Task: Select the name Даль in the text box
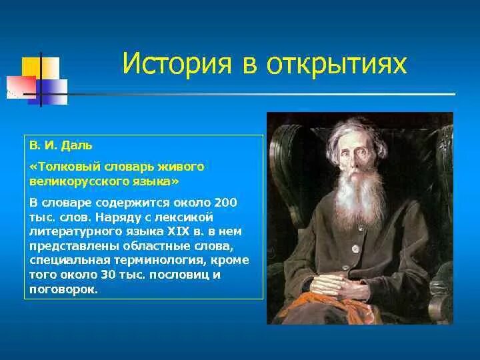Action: pyautogui.click(x=77, y=145)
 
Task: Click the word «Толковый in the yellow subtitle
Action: pyautogui.click(x=65, y=167)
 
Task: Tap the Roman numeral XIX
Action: pyautogui.click(x=178, y=231)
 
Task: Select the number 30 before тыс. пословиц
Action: pyautogui.click(x=107, y=275)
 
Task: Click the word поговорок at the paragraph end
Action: pyautogui.click(x=63, y=289)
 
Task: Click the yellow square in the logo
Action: pyautogui.click(x=41, y=67)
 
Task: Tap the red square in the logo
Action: pyautogui.click(x=21, y=87)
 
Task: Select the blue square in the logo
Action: pyautogui.click(x=52, y=92)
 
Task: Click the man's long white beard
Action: pyautogui.click(x=360, y=196)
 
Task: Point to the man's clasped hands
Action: pyautogui.click(x=339, y=286)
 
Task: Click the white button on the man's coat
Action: pyautogui.click(x=355, y=249)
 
